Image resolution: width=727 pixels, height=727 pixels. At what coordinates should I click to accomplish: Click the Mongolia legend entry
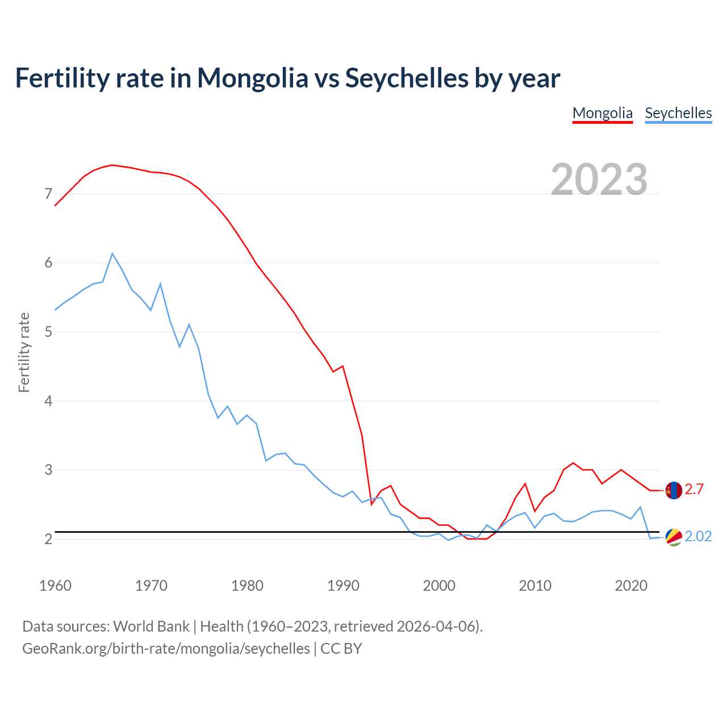(602, 113)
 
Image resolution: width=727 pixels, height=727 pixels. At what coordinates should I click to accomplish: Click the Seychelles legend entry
(678, 113)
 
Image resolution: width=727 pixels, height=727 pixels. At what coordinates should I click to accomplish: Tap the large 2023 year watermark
(599, 179)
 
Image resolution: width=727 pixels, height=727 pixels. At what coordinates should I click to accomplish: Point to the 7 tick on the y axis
(48, 194)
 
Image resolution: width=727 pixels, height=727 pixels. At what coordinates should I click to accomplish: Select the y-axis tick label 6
(48, 263)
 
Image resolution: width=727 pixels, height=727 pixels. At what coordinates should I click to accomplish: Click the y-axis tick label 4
(48, 401)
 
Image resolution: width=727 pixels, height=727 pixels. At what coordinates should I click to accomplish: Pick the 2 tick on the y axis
(48, 539)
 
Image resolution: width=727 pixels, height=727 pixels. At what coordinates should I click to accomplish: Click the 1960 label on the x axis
(55, 586)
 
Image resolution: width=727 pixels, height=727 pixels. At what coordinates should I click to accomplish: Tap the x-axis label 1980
(247, 586)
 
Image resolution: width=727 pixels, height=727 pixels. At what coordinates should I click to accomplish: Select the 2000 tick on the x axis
(439, 586)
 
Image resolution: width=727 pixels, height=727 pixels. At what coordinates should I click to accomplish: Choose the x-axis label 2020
(631, 586)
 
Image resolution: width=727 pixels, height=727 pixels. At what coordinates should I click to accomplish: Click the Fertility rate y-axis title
(24, 352)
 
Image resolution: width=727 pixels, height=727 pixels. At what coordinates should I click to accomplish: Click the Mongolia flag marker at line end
(674, 490)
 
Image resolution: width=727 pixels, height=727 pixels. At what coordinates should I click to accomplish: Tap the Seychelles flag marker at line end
(674, 537)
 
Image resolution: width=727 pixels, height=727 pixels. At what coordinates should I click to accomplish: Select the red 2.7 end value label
(694, 490)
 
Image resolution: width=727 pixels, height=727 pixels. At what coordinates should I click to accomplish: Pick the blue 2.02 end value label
(698, 537)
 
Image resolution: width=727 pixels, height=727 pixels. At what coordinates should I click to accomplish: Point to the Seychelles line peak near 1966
(112, 254)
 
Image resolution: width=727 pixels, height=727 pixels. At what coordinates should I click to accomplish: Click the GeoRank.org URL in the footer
(166, 649)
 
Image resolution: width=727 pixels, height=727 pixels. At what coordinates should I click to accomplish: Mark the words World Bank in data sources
(151, 626)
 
